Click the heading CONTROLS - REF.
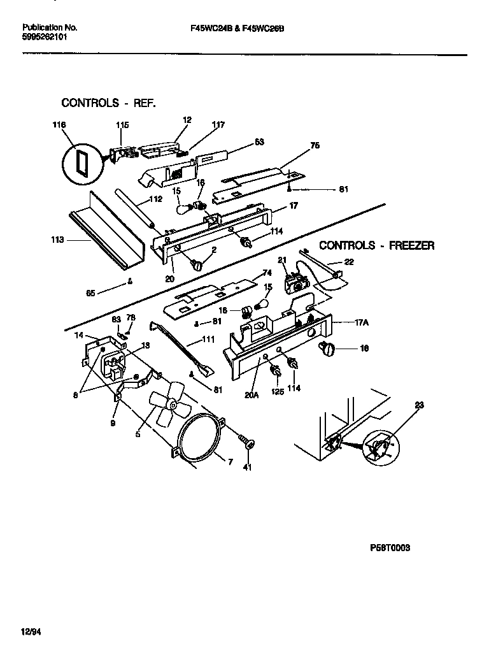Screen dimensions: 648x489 point(108,103)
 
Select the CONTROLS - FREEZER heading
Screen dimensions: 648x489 point(376,245)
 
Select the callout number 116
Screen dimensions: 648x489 point(59,126)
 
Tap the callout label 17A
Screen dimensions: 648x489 point(361,322)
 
